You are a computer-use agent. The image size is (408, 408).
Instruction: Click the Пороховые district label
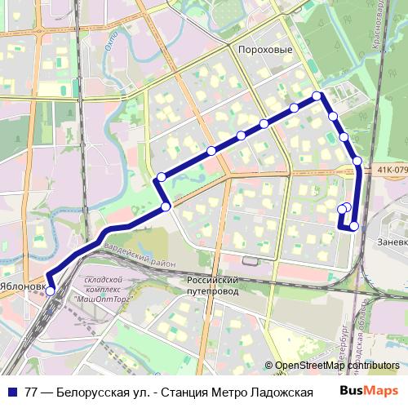[x=264, y=49]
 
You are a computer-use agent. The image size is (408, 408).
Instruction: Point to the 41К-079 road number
[x=392, y=171]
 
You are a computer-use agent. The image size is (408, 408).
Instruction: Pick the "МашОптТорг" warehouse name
[x=103, y=299]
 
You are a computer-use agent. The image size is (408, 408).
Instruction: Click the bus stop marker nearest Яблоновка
[x=50, y=290]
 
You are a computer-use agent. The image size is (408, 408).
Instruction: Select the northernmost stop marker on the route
[x=319, y=96]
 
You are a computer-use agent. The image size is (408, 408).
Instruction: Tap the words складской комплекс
[x=103, y=284]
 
